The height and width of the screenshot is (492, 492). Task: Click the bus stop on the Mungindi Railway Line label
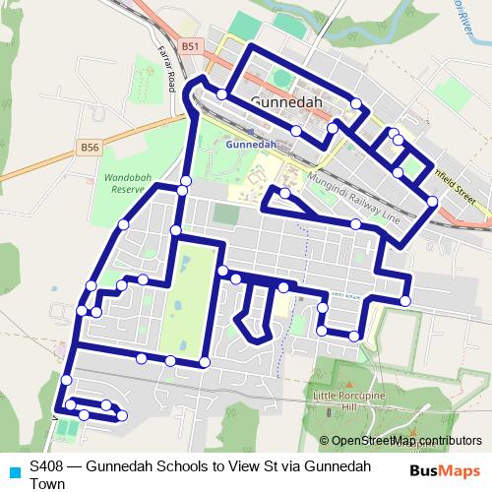tap(286, 192)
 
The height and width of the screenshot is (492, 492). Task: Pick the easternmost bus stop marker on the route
tap(433, 202)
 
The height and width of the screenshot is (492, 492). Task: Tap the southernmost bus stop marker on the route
tap(122, 416)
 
